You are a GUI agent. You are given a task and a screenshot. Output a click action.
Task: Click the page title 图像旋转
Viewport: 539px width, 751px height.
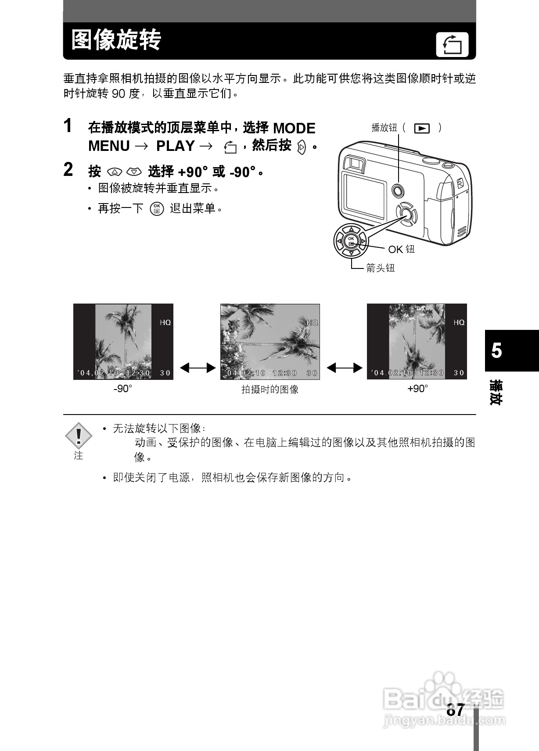click(x=116, y=40)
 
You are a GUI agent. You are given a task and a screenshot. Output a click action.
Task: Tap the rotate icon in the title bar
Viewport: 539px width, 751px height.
click(x=452, y=45)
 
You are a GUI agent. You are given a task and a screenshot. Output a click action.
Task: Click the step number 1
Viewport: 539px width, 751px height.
click(x=68, y=126)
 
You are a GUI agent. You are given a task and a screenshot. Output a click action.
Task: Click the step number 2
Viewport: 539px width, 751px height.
click(x=68, y=170)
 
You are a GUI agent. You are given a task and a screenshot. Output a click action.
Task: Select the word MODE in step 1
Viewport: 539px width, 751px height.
click(x=294, y=129)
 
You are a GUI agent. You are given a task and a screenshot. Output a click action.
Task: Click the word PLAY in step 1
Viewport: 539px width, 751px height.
click(x=175, y=146)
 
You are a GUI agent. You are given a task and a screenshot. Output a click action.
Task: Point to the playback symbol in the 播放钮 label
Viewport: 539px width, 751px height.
click(x=421, y=128)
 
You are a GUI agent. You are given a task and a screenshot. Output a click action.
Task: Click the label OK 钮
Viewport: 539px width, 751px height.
click(x=401, y=250)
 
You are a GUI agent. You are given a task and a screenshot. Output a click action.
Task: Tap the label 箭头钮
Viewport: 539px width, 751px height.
click(x=380, y=268)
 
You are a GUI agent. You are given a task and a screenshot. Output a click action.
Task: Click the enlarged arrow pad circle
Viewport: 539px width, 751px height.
click(x=351, y=240)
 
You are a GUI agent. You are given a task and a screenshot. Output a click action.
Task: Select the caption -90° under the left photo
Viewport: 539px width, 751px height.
click(x=123, y=389)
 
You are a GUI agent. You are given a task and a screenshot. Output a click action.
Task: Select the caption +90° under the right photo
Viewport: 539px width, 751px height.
click(x=417, y=389)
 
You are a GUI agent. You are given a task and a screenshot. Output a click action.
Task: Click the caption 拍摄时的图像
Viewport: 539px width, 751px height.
click(x=269, y=390)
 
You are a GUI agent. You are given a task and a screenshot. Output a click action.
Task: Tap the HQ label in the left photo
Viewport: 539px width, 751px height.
click(x=165, y=322)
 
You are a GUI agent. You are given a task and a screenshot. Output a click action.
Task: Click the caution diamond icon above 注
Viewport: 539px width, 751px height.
click(x=79, y=435)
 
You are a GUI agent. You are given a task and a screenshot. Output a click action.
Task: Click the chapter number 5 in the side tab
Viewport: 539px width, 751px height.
click(x=496, y=351)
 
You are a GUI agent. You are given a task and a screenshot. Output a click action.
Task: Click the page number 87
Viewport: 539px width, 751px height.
click(x=455, y=710)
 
